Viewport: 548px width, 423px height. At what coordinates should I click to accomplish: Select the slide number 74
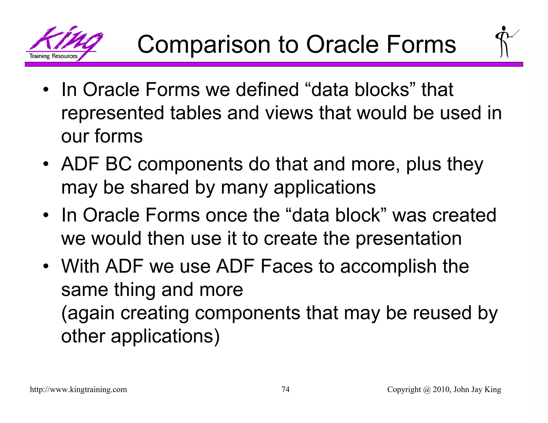tap(286, 389)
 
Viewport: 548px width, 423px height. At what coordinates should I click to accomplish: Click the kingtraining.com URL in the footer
tap(78, 390)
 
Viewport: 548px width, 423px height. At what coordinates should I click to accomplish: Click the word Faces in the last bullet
tap(286, 266)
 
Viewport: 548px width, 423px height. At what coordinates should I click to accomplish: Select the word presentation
tap(408, 238)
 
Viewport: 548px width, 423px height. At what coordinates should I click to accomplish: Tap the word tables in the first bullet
tap(196, 113)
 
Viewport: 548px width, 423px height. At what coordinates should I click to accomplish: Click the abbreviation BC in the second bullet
tap(118, 164)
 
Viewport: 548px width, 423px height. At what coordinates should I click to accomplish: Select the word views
tap(289, 113)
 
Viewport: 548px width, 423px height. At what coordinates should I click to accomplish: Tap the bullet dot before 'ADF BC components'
tap(46, 164)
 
